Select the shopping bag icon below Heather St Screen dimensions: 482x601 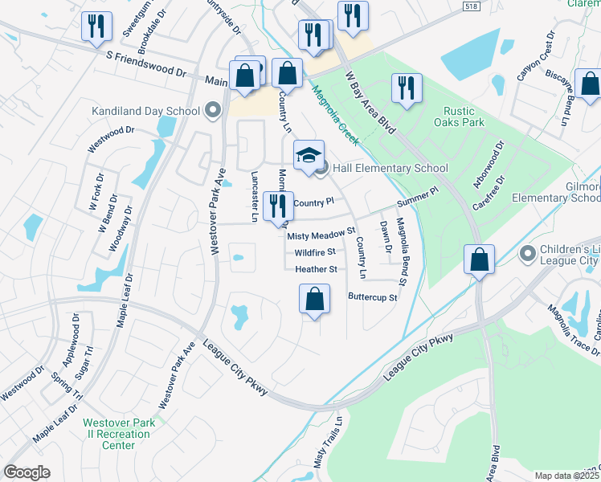coord(315,300)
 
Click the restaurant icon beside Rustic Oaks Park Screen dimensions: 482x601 coord(406,88)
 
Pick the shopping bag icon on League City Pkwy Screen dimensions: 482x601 coord(479,260)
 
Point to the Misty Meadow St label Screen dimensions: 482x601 coord(321,235)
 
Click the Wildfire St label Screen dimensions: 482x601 coord(314,252)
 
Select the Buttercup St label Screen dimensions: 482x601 coord(373,297)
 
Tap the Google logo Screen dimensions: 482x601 coord(27,472)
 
